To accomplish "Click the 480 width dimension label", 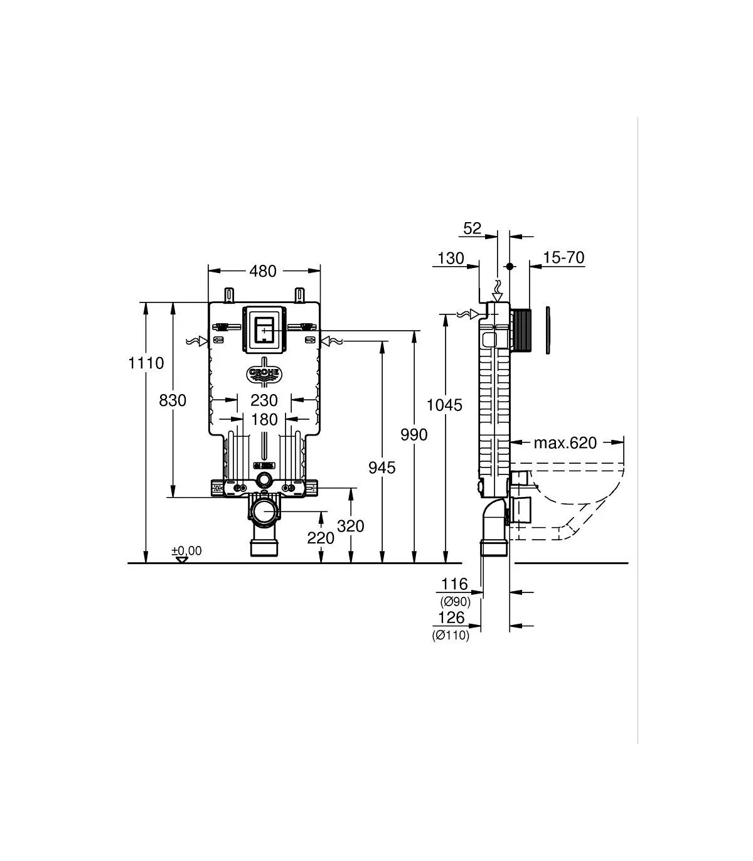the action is [x=263, y=272].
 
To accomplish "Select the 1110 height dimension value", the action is [x=146, y=363].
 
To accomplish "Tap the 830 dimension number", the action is [x=173, y=400].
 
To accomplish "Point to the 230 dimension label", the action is [x=264, y=400].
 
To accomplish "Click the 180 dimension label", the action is [x=264, y=420].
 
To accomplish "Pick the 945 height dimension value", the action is [x=382, y=468].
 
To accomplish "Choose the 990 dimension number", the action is [x=414, y=435].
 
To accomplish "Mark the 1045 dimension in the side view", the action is [x=444, y=405].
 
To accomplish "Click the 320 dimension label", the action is [x=350, y=526].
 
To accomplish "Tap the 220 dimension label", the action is [x=321, y=538].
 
